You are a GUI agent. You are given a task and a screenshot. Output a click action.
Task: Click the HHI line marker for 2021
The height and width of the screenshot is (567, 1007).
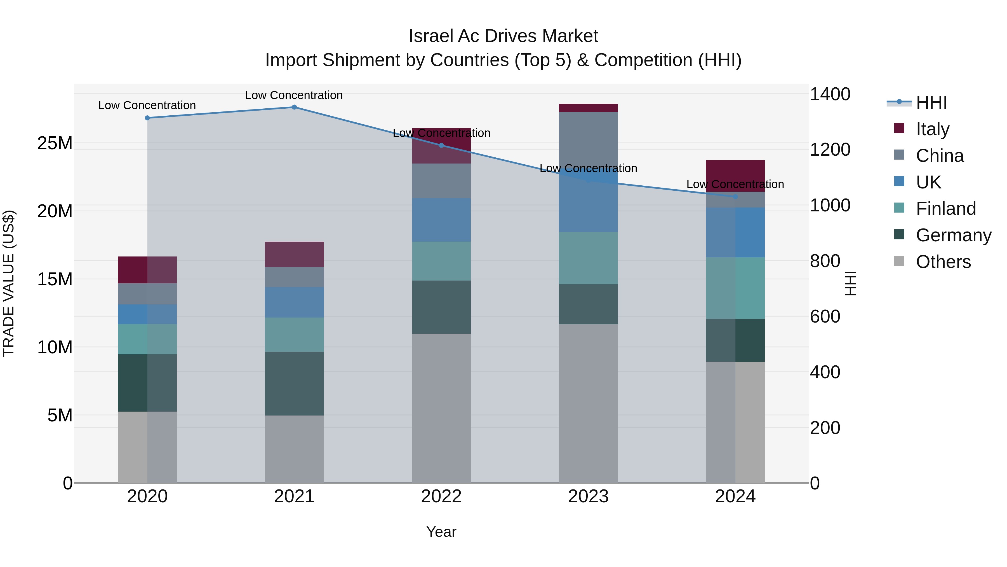pos(294,107)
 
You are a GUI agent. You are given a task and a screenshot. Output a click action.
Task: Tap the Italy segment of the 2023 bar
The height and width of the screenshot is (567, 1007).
pos(588,108)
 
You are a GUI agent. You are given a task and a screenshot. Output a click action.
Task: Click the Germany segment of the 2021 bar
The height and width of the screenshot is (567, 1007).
pos(294,384)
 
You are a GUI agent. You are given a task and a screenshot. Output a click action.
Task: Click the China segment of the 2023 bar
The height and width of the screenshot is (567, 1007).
pos(588,141)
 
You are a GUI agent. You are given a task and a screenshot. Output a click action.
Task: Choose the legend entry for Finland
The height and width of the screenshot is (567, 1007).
pos(945,209)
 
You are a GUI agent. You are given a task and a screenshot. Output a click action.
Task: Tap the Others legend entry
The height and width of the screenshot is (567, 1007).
pos(943,262)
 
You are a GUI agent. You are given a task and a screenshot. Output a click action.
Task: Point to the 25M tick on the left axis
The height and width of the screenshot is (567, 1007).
pos(55,143)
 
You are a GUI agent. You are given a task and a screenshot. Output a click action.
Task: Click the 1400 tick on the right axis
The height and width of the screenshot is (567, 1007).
pos(830,94)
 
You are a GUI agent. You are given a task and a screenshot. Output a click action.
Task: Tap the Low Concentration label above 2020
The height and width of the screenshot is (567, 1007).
pos(147,105)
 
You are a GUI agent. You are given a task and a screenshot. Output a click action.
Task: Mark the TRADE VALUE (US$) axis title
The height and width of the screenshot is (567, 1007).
pos(9,283)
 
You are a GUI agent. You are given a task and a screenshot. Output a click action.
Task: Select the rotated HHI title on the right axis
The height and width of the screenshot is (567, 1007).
pos(851,283)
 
